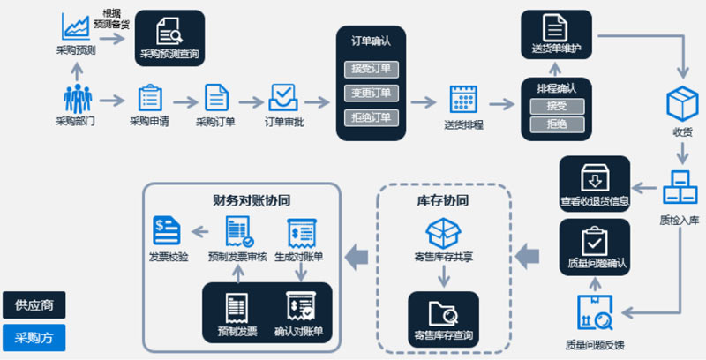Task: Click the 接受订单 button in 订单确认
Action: [370, 68]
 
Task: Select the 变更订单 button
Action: [370, 93]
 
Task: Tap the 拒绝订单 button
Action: [370, 117]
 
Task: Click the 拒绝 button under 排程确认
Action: [556, 125]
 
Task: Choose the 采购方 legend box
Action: [34, 337]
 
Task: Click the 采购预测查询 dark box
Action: [169, 39]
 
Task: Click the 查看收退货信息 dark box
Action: [595, 184]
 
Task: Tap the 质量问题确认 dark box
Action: [595, 245]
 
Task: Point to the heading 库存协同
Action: [443, 200]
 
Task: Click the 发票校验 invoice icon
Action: [166, 231]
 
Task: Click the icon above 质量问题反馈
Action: [593, 313]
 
